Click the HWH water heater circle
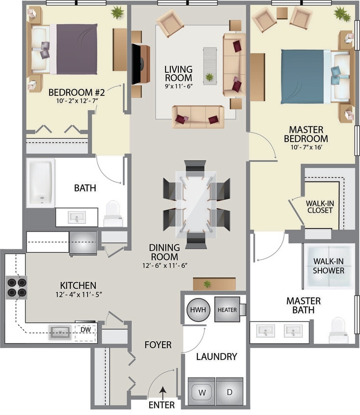[x=198, y=310]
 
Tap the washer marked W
[x=202, y=391]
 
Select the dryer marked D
[x=230, y=391]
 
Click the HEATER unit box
[x=227, y=310]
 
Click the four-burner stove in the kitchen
[x=16, y=287]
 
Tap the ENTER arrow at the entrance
[x=162, y=392]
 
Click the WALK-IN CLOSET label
[x=319, y=207]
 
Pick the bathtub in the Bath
[x=40, y=182]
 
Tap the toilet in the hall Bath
[x=113, y=213]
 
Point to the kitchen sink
[x=60, y=332]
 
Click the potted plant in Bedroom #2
[x=117, y=12]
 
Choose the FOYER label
[x=158, y=345]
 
